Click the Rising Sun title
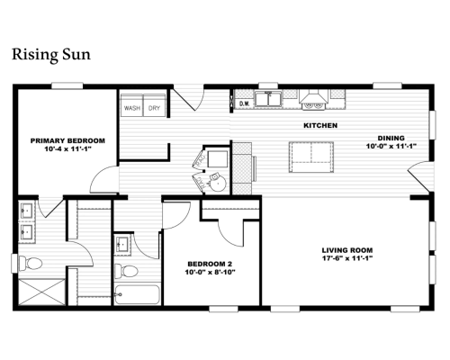coord(51,55)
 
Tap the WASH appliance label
coord(132,108)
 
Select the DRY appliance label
coord(154,108)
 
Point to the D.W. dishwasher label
coord(245,103)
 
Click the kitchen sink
coord(268,99)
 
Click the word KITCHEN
coord(320,125)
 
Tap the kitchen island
coord(311,157)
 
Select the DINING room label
coord(391,139)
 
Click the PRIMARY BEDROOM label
coord(67,140)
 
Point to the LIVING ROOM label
coord(347,250)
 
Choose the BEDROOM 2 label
coord(210,264)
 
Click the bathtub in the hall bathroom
coord(138,294)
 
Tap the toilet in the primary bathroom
coord(30,264)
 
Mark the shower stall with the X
coord(41,292)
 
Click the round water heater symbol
coord(217,182)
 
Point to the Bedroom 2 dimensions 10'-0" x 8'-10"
coord(210,272)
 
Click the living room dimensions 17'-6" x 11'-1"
coord(347,258)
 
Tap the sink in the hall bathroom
coord(123,244)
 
